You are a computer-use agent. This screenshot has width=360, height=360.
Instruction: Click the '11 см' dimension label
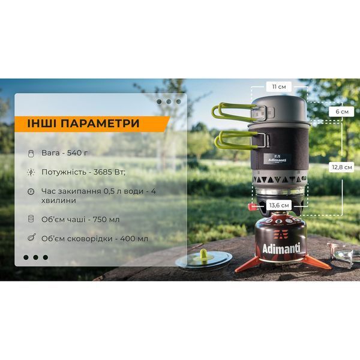(279, 87)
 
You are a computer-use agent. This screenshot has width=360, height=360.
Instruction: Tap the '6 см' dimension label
(342, 112)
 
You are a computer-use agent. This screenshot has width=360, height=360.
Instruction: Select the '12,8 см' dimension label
(342, 167)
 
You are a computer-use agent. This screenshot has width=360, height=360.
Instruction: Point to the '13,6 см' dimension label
(279, 205)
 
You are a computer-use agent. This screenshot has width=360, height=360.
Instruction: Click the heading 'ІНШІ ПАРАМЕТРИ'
(83, 123)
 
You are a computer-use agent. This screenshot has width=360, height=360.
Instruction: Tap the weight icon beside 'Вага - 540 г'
(31, 154)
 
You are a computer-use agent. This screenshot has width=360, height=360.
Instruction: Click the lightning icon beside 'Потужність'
(31, 172)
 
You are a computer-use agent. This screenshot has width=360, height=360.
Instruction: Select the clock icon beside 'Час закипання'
(31, 191)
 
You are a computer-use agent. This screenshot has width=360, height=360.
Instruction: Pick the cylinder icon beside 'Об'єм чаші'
(31, 219)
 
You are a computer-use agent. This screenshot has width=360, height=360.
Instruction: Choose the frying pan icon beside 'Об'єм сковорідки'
(31, 237)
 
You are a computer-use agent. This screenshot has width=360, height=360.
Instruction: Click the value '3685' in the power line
(103, 172)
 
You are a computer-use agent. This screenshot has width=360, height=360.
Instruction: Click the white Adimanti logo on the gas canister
(281, 248)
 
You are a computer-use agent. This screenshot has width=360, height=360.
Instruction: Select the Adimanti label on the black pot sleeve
(277, 160)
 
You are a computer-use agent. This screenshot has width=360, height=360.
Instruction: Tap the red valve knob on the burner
(252, 207)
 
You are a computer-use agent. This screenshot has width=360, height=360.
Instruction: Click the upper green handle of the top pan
(234, 113)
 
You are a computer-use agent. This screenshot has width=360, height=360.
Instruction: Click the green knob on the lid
(203, 253)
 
